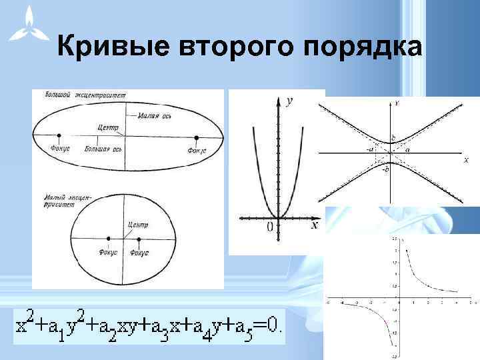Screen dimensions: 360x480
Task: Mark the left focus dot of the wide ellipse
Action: coord(59,137)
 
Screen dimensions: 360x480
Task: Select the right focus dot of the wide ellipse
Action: coord(197,138)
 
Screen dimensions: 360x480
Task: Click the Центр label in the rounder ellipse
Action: coord(138,225)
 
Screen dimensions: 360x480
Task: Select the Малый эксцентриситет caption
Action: coord(64,201)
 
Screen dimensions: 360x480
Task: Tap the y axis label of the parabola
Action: coord(289,101)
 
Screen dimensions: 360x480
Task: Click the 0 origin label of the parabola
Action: coord(269,227)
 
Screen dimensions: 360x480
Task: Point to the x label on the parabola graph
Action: coord(314,225)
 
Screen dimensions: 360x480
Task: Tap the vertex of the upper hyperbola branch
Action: coord(389,143)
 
